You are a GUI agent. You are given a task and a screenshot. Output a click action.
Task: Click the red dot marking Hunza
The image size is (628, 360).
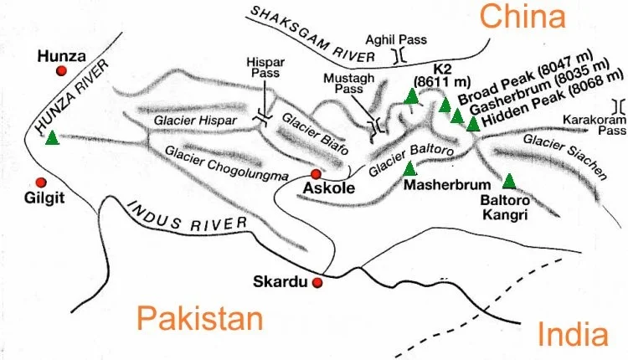click(x=60, y=72)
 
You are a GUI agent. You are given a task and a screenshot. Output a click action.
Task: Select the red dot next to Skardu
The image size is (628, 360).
click(x=317, y=283)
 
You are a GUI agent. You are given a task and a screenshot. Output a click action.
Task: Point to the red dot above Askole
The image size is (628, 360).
click(x=316, y=174)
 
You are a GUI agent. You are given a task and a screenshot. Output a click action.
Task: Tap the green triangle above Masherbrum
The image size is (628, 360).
click(x=409, y=168)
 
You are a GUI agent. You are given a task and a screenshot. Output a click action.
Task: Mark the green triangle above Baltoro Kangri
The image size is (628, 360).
click(x=508, y=180)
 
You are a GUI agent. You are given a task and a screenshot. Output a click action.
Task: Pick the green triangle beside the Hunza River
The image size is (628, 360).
click(x=52, y=138)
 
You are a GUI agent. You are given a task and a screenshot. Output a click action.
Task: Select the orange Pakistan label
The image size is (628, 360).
click(x=200, y=320)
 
